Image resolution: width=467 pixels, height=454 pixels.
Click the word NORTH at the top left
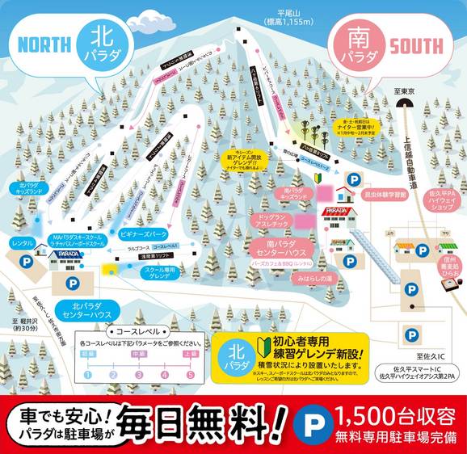pyautogui.click(x=43, y=42)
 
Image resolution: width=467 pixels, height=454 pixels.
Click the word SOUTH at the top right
pyautogui.click(x=419, y=45)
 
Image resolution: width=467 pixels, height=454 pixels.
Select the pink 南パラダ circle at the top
pyautogui.click(x=356, y=47)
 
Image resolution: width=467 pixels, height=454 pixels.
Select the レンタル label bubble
pyautogui.click(x=23, y=219)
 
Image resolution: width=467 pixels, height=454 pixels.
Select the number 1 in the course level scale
pyautogui.click(x=87, y=374)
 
